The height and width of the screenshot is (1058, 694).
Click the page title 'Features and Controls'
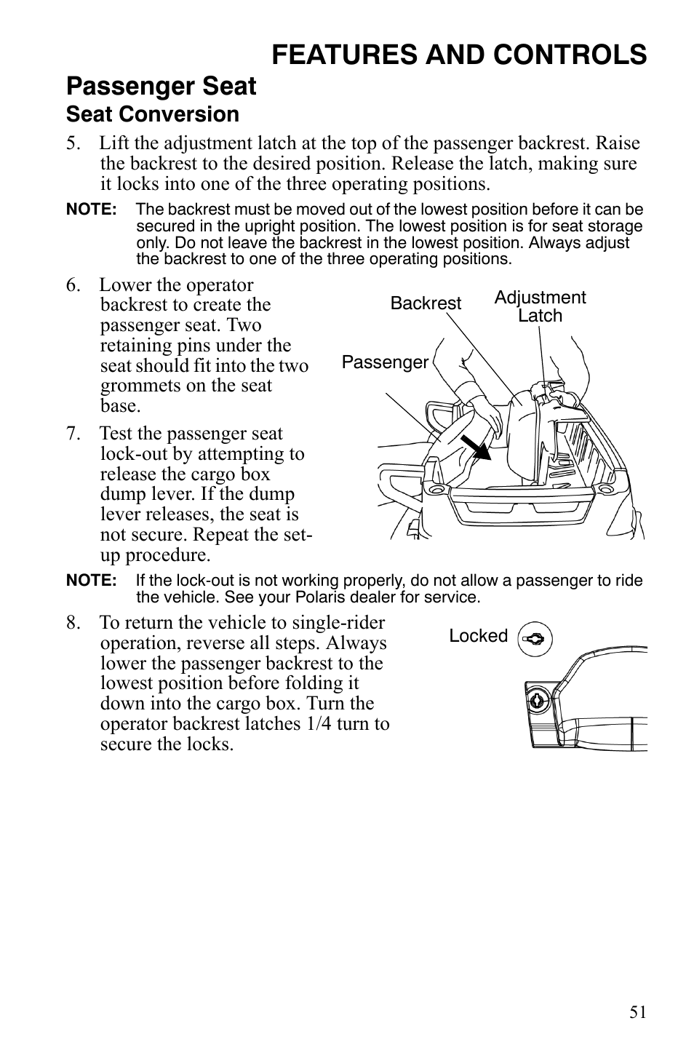(x=460, y=55)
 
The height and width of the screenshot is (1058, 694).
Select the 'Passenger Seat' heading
(x=161, y=87)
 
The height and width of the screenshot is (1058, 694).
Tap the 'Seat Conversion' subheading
(x=152, y=114)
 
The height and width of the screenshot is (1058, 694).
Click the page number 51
(x=637, y=1012)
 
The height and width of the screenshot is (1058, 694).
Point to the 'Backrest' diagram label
(x=426, y=303)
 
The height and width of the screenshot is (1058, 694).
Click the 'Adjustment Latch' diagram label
(x=540, y=306)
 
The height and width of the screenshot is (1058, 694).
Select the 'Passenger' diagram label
(x=385, y=362)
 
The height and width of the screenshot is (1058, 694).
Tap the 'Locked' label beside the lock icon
(x=478, y=636)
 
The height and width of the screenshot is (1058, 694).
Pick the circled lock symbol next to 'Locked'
(x=535, y=640)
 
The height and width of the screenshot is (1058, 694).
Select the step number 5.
(x=73, y=143)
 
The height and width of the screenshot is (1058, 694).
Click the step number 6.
(x=73, y=285)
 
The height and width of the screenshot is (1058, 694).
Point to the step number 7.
(x=73, y=434)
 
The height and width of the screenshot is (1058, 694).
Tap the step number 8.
(x=73, y=623)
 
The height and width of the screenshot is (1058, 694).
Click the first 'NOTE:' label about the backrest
(x=91, y=210)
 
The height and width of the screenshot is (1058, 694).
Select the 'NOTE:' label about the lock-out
(x=91, y=581)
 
